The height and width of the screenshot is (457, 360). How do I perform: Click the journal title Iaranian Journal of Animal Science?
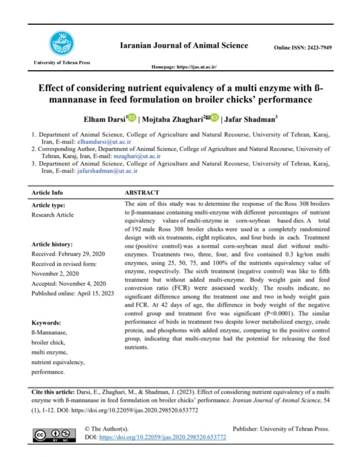coord(184,45)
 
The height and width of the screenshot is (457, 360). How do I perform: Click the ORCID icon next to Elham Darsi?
coord(132,117)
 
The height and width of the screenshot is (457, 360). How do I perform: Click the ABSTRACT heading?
coord(142,193)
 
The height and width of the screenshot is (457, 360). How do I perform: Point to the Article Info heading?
coord(47,193)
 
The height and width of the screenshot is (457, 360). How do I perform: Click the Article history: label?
coord(52,244)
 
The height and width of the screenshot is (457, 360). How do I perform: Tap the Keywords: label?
coord(46,323)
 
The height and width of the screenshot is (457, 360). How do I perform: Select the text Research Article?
coord(52,215)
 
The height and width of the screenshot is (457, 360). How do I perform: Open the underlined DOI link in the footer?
coord(163,437)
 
